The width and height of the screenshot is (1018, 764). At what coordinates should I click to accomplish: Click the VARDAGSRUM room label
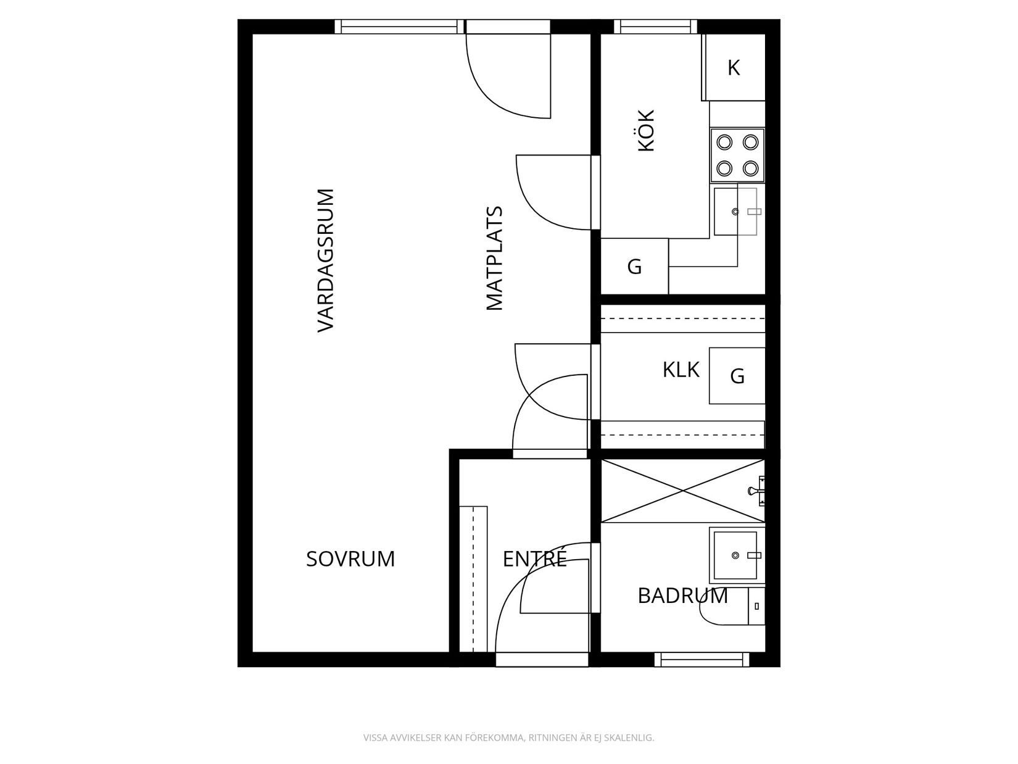pos(325,260)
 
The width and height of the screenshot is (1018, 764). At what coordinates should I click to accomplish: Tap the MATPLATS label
pos(495,258)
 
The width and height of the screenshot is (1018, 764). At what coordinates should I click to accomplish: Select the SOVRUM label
pos(350,558)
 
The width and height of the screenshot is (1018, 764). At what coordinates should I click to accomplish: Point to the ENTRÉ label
pos(534,558)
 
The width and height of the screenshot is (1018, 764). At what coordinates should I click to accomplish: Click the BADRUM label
pos(682,596)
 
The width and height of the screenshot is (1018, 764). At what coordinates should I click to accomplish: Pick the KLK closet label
pos(681,370)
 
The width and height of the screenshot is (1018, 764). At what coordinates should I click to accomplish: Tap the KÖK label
pos(646,130)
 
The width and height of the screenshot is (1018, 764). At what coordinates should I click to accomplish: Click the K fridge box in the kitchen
pos(734,68)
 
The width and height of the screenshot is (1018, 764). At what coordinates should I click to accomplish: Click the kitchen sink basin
pos(735,211)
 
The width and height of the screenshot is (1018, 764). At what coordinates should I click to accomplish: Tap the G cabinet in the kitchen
pos(634,267)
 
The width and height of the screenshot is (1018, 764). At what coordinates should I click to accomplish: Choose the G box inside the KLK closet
pos(737,375)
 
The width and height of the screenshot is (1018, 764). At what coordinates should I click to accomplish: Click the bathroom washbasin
pos(735,555)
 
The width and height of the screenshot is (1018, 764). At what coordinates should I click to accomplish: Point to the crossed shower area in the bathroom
pos(682,491)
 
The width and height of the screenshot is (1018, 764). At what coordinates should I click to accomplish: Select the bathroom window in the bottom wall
pos(701,660)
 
